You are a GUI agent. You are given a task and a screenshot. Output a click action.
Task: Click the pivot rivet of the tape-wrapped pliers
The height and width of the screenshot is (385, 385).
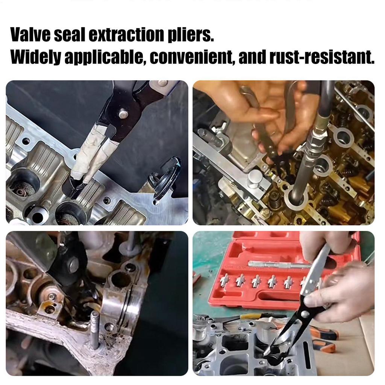click(x=122, y=112)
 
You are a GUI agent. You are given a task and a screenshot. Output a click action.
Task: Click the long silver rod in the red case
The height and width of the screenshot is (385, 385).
click(x=278, y=265)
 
